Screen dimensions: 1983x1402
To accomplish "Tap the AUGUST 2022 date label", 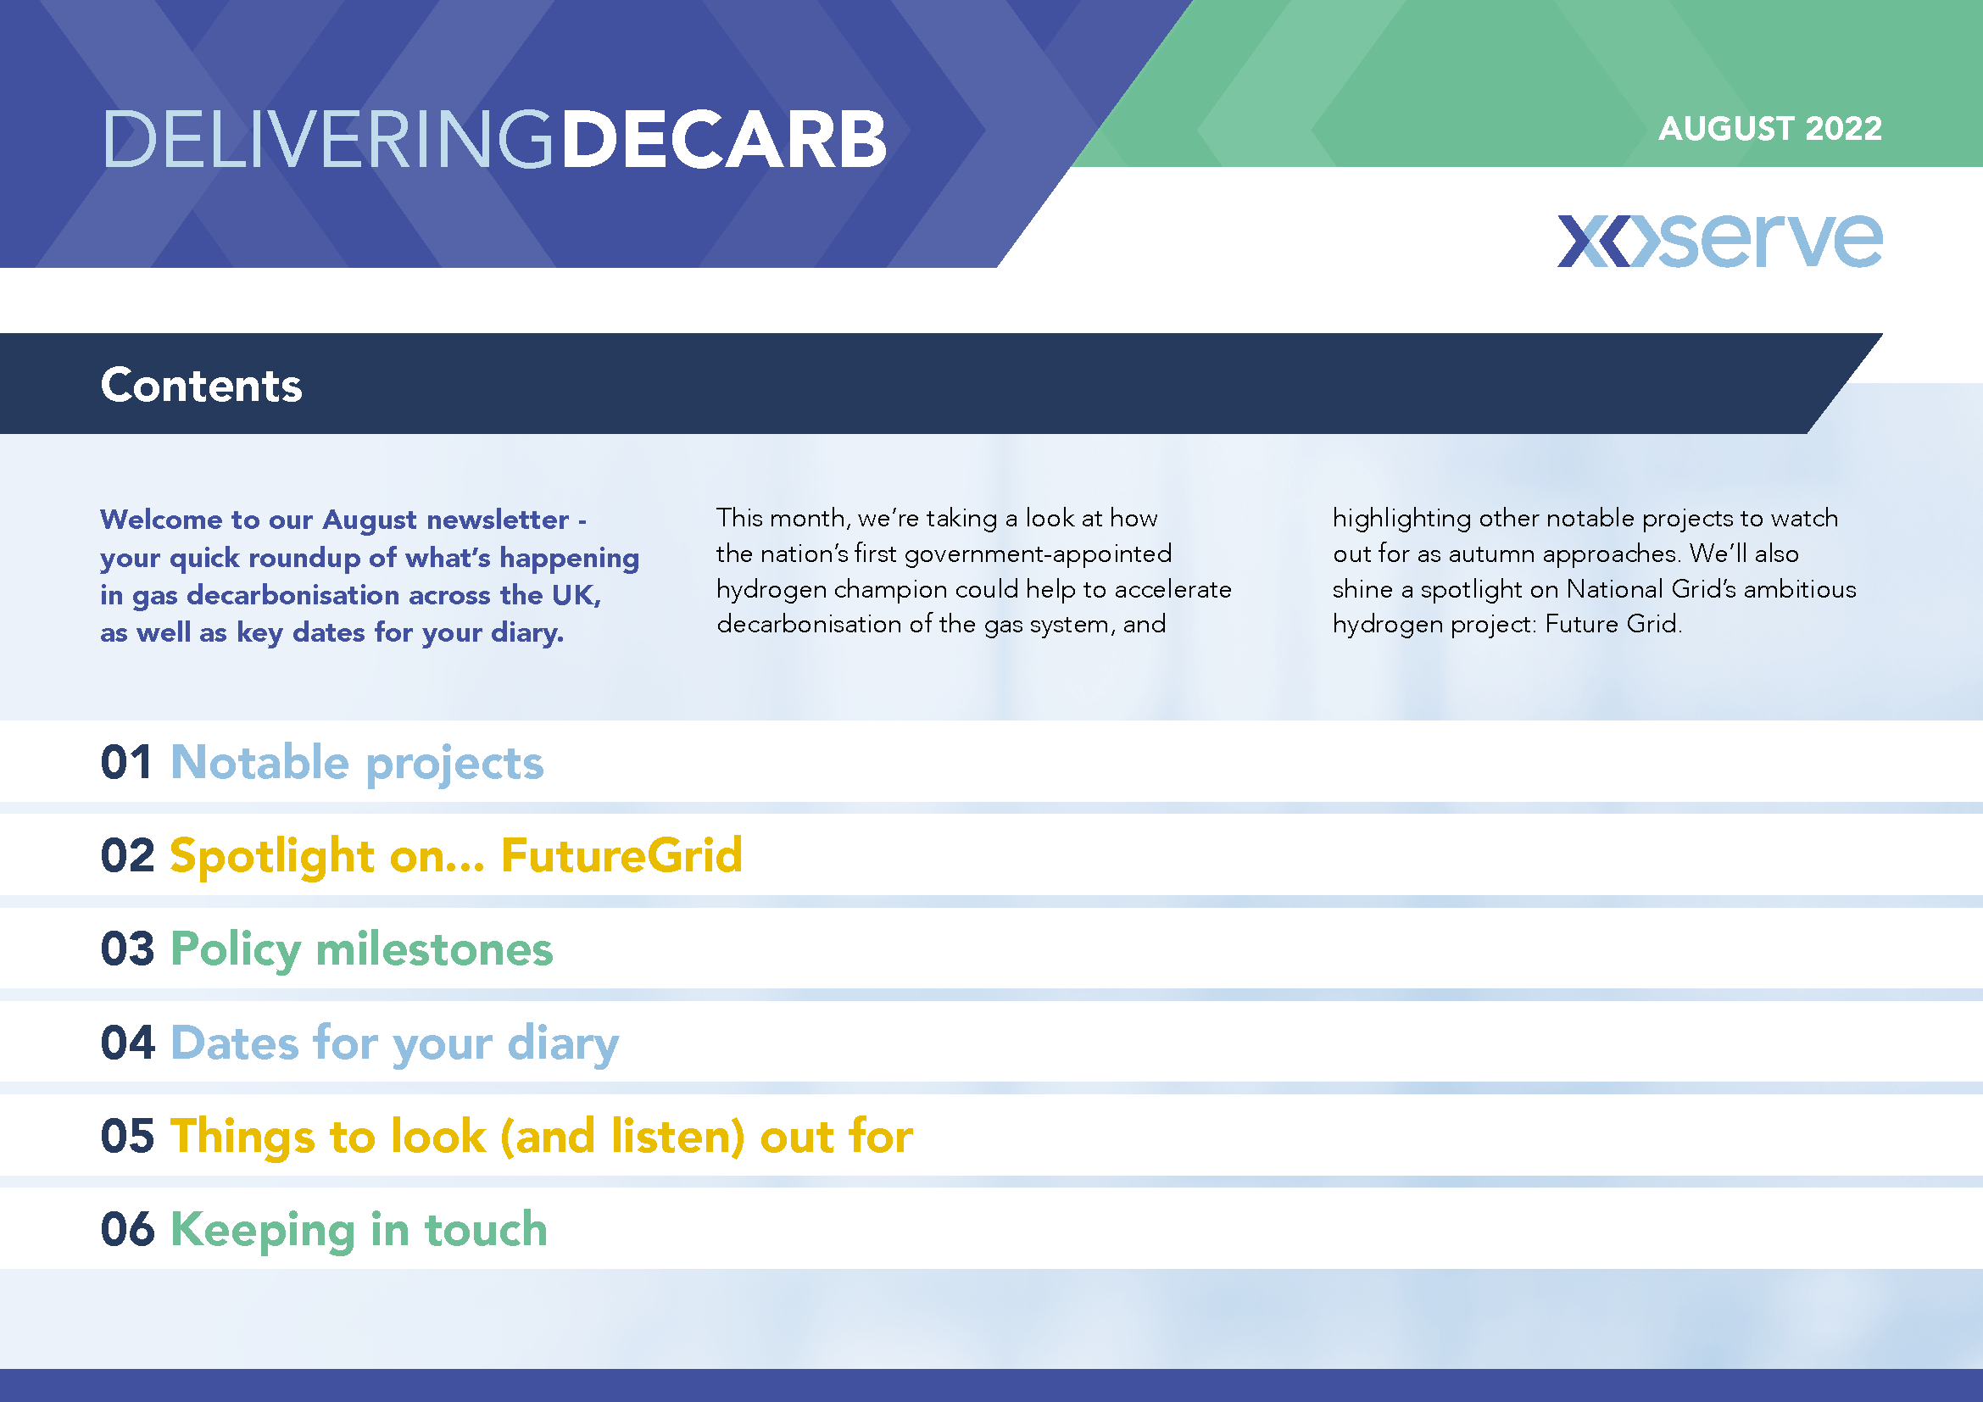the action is tap(1769, 129).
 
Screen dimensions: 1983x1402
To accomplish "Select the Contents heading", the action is tap(201, 385).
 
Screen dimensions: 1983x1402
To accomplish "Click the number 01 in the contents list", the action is tap(127, 762).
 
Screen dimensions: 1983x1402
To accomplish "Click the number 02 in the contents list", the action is tap(128, 855).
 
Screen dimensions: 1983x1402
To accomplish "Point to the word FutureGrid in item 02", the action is tap(621, 855).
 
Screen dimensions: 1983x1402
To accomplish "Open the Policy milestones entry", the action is tap(362, 949).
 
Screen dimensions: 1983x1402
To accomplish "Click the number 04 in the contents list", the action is tap(128, 1042).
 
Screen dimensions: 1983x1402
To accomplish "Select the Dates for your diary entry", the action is tap(395, 1043).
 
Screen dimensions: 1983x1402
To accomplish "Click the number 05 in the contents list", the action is tap(128, 1135).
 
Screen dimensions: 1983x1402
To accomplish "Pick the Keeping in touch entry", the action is tap(359, 1230).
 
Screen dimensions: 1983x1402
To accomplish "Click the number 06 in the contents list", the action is tap(128, 1228).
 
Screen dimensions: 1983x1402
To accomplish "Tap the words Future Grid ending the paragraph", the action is tap(1613, 623).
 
